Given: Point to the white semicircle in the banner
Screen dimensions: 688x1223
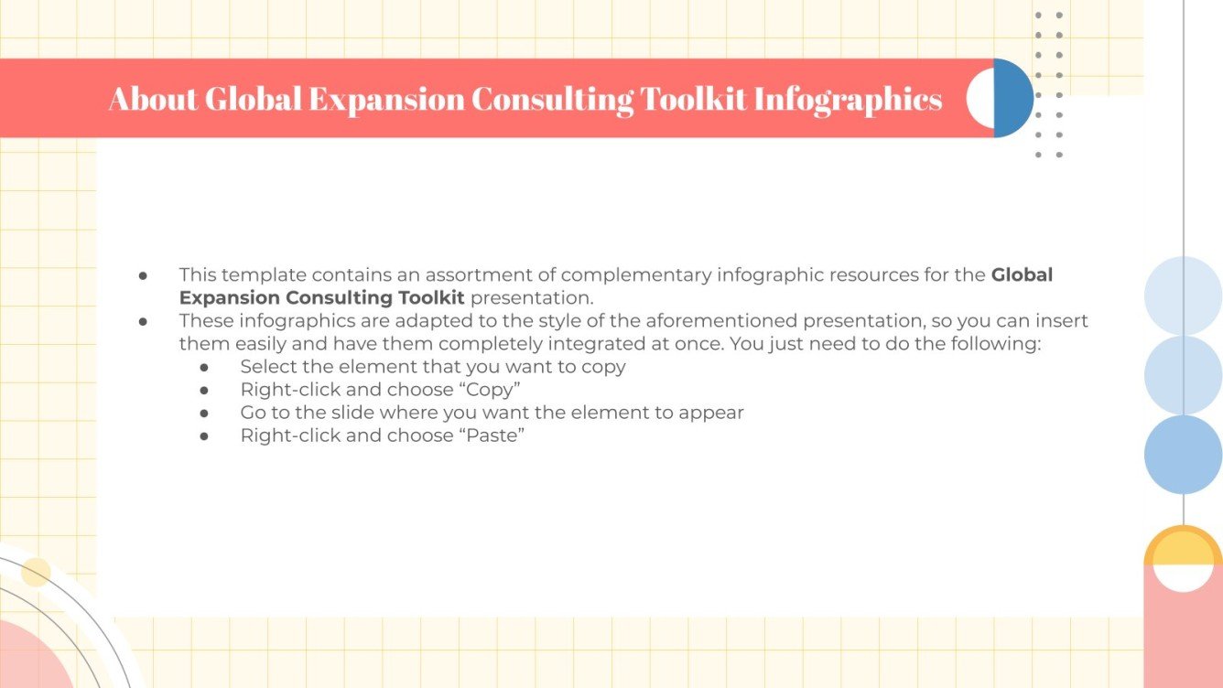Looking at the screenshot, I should click(x=979, y=99).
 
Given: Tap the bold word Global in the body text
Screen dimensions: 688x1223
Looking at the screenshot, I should click(x=1022, y=274).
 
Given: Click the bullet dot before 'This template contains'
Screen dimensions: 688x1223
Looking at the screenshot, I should click(x=143, y=274).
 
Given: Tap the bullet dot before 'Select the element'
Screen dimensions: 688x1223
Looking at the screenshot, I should click(x=204, y=367).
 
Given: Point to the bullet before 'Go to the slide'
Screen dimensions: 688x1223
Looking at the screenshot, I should click(x=204, y=413).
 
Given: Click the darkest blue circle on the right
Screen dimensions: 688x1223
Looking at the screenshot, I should click(x=1183, y=455).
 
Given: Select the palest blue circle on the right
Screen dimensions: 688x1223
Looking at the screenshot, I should click(x=1183, y=296).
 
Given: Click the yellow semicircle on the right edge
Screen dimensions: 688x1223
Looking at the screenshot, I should click(x=1183, y=548).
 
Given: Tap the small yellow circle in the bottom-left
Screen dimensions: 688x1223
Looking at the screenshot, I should click(x=36, y=572).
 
